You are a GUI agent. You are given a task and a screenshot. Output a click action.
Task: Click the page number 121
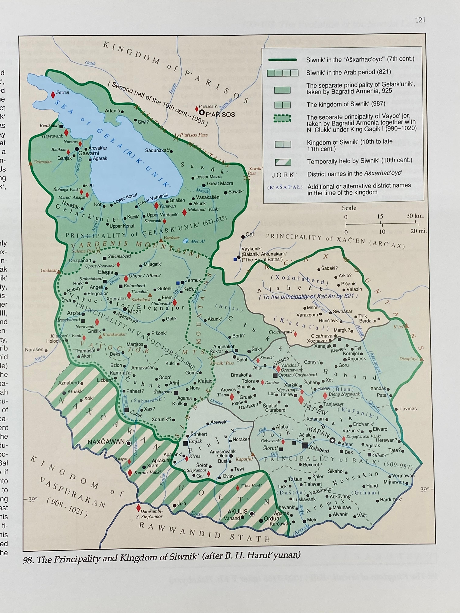(x=420, y=20)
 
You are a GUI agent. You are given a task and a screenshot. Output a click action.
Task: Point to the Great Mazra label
(x=220, y=184)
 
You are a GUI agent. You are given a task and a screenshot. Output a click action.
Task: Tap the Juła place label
(x=182, y=503)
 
